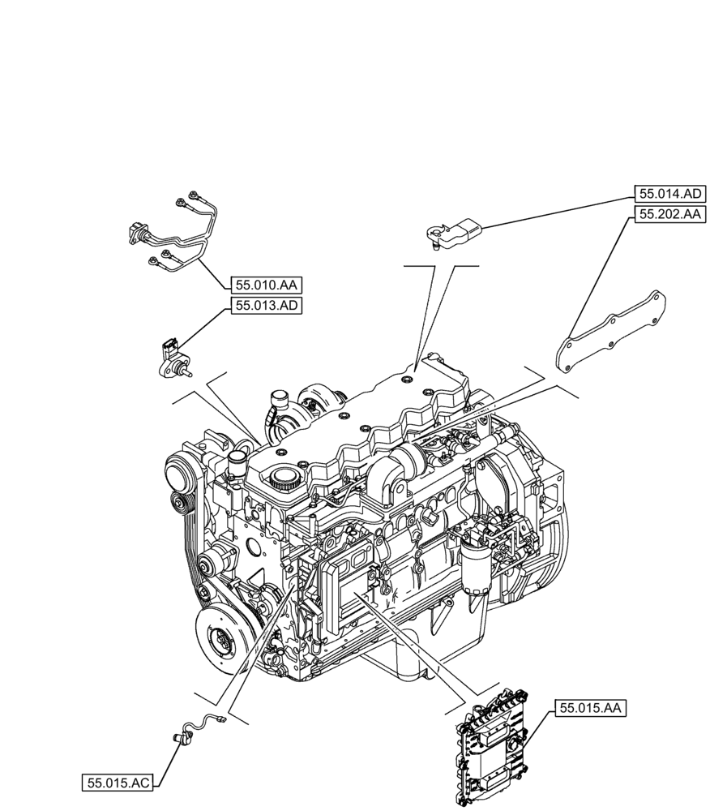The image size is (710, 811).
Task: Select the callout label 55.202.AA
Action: click(x=669, y=215)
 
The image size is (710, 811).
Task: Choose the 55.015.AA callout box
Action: click(x=591, y=708)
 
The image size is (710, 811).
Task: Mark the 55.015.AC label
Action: click(x=118, y=783)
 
